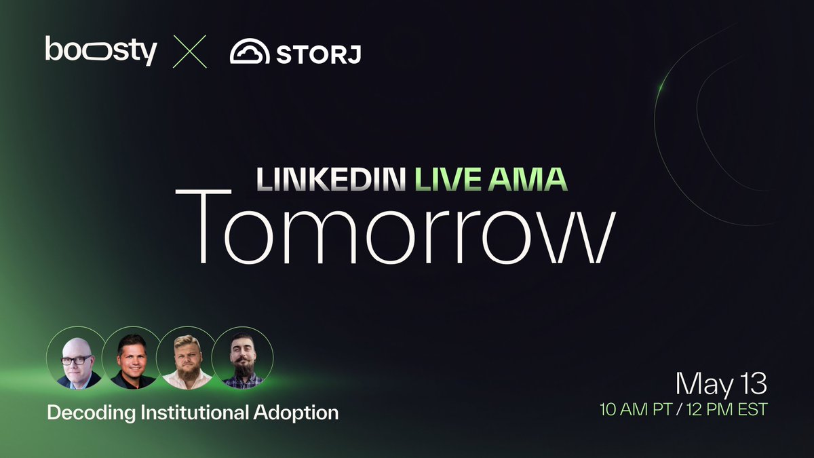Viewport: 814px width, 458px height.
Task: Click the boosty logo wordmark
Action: click(101, 50)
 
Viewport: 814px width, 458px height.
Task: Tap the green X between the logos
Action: click(190, 52)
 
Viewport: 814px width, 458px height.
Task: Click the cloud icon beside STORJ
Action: click(250, 51)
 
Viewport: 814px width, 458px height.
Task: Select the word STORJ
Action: click(318, 54)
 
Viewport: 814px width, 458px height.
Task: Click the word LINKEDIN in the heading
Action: click(331, 179)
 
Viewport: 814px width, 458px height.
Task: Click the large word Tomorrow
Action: click(395, 227)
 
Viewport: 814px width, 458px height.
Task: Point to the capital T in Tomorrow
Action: click(203, 226)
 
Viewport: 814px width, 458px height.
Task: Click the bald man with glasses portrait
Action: click(77, 358)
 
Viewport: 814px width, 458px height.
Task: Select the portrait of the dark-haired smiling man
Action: click(132, 358)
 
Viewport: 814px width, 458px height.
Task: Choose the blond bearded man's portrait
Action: click(187, 358)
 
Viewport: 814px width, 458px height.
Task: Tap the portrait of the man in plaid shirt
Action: click(242, 358)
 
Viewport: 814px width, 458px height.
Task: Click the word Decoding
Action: click(91, 413)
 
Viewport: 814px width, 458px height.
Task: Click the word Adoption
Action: click(296, 413)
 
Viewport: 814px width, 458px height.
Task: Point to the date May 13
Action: click(721, 384)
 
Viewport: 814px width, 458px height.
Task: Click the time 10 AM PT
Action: click(635, 410)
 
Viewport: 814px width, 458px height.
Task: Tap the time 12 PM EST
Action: click(726, 410)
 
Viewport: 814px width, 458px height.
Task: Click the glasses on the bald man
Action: click(76, 360)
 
